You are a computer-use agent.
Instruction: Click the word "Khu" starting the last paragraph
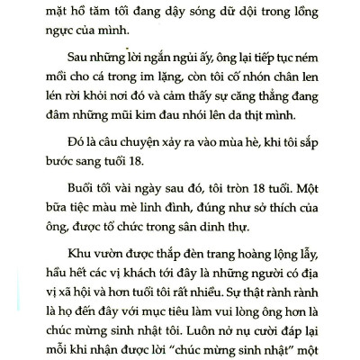click(x=66, y=296)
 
